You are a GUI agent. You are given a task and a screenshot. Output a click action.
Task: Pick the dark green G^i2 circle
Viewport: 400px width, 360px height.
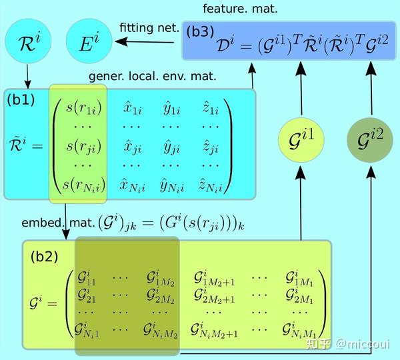369,139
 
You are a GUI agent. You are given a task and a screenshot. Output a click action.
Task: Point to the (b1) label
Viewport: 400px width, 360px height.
22,101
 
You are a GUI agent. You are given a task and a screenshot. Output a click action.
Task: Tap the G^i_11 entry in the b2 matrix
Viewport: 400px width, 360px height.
87,276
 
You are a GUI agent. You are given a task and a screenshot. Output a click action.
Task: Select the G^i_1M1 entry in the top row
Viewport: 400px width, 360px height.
300,276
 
